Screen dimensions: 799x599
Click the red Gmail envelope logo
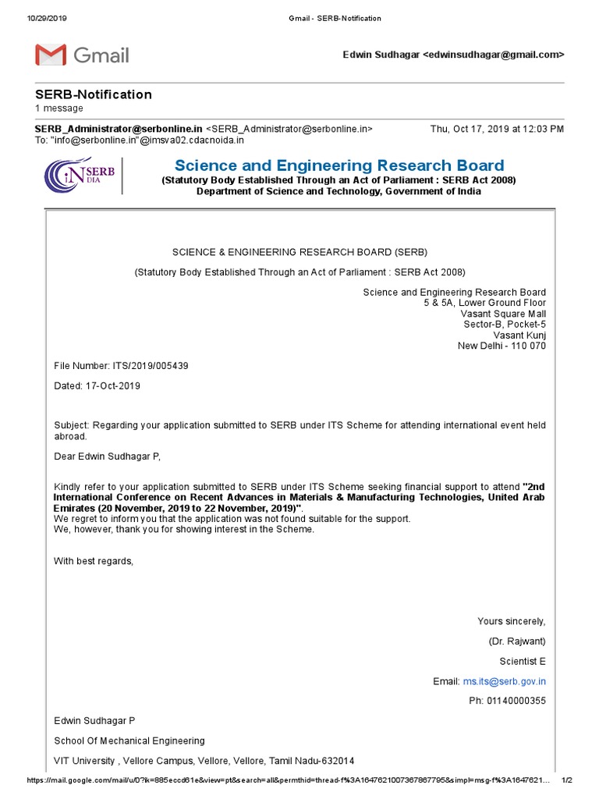click(x=51, y=55)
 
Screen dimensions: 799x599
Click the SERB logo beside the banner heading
click(x=81, y=175)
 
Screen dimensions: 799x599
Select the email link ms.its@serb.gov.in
click(x=504, y=681)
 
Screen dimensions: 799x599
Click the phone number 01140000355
click(x=518, y=700)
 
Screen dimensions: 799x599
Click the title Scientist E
click(x=523, y=661)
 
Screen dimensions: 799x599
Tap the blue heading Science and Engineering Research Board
click(x=339, y=165)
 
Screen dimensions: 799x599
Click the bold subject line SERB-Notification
click(x=94, y=94)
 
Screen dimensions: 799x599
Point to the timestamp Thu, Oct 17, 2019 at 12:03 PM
click(x=497, y=129)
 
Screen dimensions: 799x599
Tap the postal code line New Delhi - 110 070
click(x=502, y=346)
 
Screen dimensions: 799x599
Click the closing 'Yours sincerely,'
click(x=512, y=621)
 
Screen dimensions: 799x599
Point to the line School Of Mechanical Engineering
click(x=129, y=740)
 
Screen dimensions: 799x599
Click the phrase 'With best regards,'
click(x=94, y=560)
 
